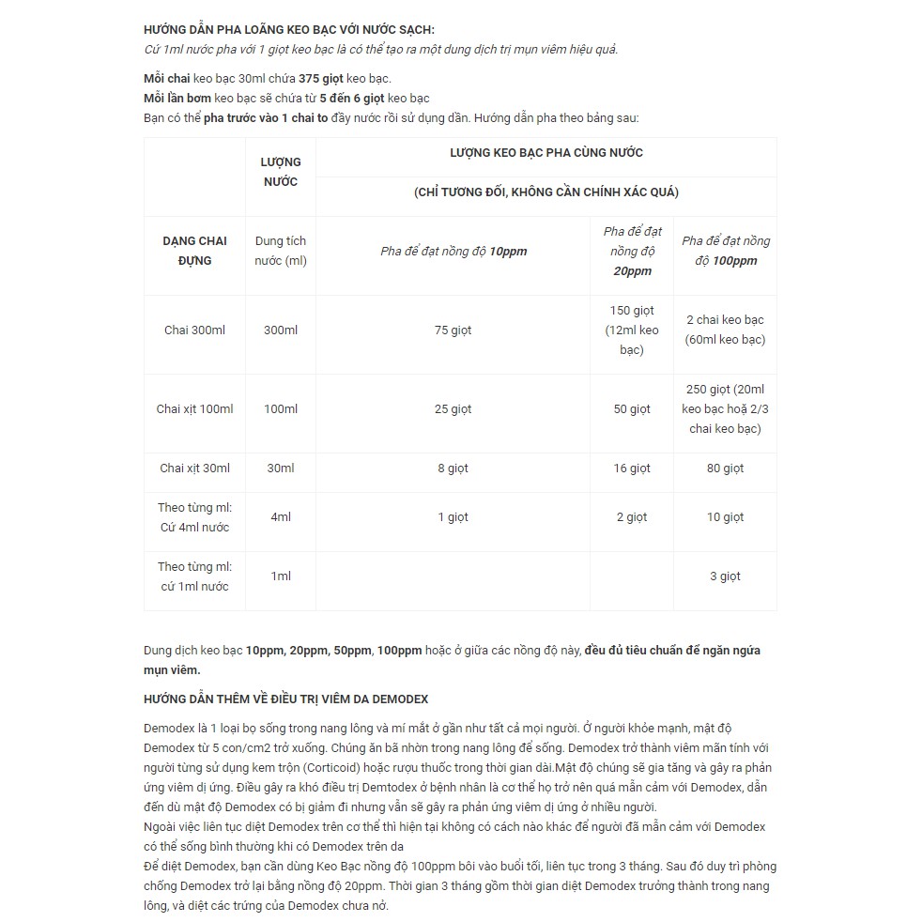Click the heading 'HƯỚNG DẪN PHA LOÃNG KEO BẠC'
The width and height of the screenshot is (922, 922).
point(288,30)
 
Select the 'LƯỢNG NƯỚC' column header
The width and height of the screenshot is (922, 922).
point(280,172)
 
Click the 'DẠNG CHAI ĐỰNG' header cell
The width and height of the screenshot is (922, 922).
point(194,251)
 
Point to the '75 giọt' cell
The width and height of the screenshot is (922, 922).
point(453,330)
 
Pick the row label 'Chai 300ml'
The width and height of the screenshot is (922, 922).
point(194,330)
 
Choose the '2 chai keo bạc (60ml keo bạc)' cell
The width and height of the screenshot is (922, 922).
point(725,330)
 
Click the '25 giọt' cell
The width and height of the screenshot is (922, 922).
point(453,408)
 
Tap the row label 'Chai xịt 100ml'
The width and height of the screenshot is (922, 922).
point(194,408)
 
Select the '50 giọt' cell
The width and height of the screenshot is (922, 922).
point(632,408)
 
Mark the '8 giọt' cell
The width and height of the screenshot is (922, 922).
point(453,468)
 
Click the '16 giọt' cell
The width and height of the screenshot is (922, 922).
point(632,468)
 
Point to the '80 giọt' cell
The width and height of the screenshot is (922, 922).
point(725,468)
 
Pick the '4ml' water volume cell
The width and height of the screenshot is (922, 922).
point(280,516)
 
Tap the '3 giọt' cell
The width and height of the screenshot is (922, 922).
point(725,576)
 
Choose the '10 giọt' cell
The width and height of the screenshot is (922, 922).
point(725,516)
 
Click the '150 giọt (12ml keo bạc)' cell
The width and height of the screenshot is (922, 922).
point(632,330)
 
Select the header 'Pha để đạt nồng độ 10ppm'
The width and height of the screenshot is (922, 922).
point(453,252)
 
